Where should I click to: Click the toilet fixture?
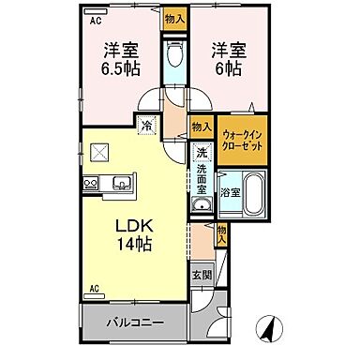pyautogui.click(x=173, y=55)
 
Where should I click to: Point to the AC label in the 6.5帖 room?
pyautogui.click(x=96, y=18)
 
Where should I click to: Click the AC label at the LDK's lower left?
pyautogui.click(x=95, y=287)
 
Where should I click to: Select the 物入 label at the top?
pyautogui.click(x=172, y=17)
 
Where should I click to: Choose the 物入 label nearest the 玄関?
pyautogui.click(x=221, y=234)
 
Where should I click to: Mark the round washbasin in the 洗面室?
pyautogui.click(x=200, y=205)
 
